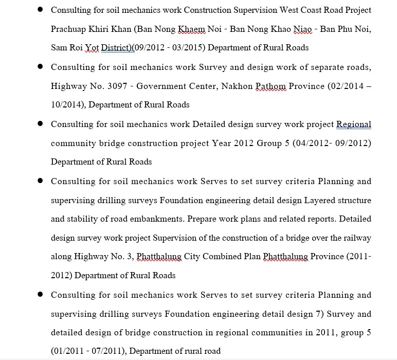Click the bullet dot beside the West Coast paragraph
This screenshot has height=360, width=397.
(x=40, y=10)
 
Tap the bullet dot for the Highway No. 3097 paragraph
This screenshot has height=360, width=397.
(x=40, y=67)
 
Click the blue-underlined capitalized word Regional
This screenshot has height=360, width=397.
(x=353, y=124)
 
